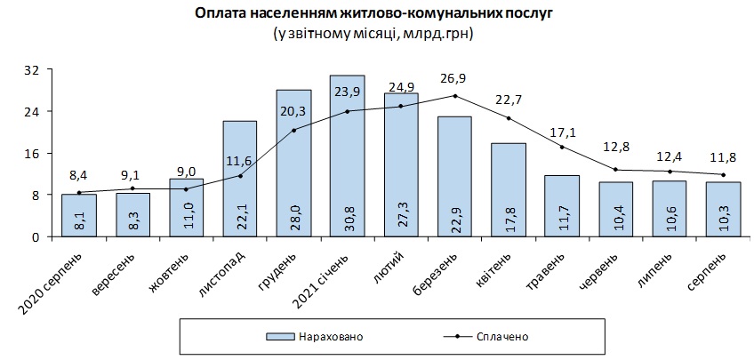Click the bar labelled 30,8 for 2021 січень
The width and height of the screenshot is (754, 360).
347,156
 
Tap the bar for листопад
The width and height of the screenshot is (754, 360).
240,178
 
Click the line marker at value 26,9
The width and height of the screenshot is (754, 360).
455,96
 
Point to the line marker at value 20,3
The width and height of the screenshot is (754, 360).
293,130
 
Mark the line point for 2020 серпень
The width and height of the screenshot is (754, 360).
78,193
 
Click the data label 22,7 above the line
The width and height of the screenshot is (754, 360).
509,100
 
